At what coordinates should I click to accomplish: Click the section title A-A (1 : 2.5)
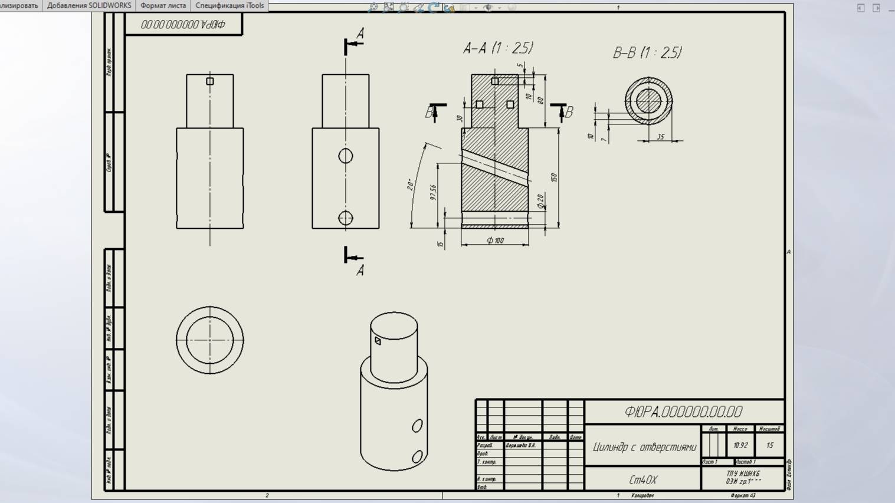click(x=498, y=48)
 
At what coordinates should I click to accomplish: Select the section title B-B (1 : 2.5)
click(x=647, y=53)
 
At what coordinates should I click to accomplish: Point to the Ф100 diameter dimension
click(x=495, y=241)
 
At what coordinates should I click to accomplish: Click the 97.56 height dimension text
click(x=433, y=192)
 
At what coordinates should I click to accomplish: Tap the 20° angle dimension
click(x=410, y=185)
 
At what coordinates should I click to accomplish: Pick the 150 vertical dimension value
click(x=553, y=177)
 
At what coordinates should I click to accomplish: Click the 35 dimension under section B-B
click(x=660, y=137)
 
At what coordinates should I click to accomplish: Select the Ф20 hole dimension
click(x=540, y=202)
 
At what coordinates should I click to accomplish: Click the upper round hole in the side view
click(x=346, y=156)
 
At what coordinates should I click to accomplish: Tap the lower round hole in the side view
click(x=346, y=218)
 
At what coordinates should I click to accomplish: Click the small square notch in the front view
click(x=210, y=81)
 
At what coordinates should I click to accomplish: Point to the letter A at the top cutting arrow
click(x=360, y=34)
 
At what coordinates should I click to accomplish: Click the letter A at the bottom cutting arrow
click(x=360, y=271)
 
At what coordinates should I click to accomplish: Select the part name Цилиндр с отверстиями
click(x=644, y=447)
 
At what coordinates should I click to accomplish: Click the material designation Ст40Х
click(x=643, y=480)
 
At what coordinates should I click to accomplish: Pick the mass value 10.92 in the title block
click(x=740, y=446)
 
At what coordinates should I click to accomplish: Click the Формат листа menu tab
click(x=163, y=5)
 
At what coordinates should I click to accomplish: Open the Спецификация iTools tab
click(x=230, y=5)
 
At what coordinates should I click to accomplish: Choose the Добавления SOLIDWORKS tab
click(x=89, y=5)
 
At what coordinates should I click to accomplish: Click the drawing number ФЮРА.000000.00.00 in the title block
click(x=683, y=412)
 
